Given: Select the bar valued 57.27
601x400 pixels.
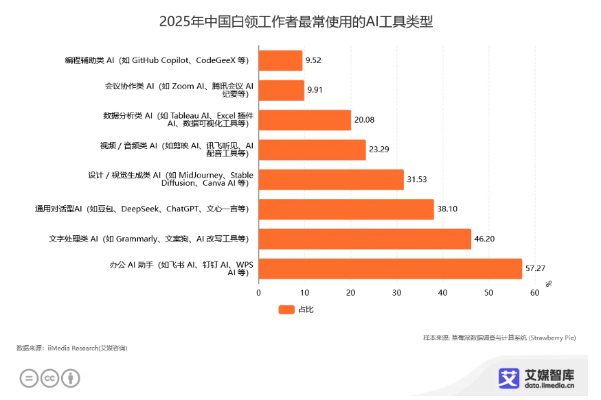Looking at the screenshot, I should click(x=390, y=269).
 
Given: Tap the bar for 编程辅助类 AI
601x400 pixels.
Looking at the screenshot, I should click(x=280, y=60).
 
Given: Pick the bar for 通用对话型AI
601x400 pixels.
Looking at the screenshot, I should click(x=346, y=209).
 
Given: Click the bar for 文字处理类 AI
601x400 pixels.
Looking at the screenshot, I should click(x=365, y=239).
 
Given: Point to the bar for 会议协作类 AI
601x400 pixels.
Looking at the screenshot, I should click(x=281, y=90).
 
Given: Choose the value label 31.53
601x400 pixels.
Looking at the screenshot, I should click(x=417, y=180).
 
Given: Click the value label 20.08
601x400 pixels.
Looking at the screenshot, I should click(x=364, y=120).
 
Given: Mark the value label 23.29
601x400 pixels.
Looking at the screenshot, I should click(x=379, y=150).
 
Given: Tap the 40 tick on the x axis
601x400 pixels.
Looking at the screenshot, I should click(x=443, y=293).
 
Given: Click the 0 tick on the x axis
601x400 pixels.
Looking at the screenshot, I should click(x=259, y=293).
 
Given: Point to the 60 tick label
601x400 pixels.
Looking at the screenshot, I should click(x=534, y=293).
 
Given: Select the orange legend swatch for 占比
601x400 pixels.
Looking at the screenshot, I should click(x=286, y=309).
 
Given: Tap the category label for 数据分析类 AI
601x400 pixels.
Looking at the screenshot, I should click(x=179, y=120).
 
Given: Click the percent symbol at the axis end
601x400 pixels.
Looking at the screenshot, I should click(x=548, y=283).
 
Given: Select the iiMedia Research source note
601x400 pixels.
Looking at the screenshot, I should click(x=71, y=348).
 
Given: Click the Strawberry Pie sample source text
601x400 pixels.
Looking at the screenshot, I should click(x=499, y=338).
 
